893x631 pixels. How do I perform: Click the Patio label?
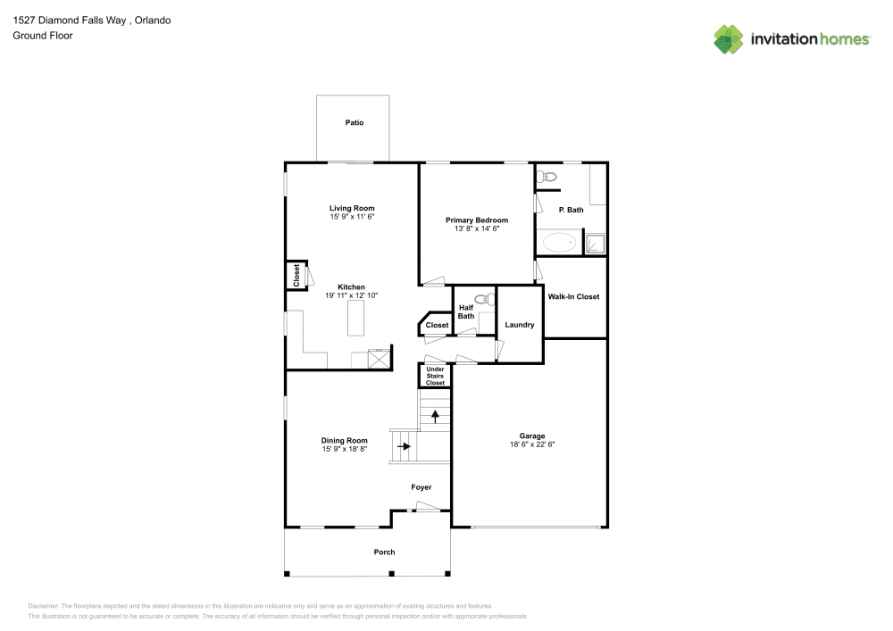coord(355,122)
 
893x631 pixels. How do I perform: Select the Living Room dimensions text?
coord(352,217)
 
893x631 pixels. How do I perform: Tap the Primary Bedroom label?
coord(477,220)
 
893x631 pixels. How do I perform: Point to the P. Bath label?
coord(571,210)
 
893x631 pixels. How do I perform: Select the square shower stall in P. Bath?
coord(594,244)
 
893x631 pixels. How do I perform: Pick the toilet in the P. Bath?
coord(547,178)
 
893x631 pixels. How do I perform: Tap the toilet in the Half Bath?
coord(485,300)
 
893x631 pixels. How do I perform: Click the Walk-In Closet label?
coord(573,296)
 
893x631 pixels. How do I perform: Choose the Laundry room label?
coord(519,325)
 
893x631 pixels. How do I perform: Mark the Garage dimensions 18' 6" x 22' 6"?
coord(532,444)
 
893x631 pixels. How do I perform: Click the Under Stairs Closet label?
coord(435,376)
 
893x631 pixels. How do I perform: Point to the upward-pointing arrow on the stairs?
coord(436,416)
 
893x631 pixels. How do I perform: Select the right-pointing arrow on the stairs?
coord(403,447)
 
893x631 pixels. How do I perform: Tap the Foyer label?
coord(421,487)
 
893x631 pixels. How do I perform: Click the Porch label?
coord(384,552)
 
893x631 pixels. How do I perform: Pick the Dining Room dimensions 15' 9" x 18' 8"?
coord(345,450)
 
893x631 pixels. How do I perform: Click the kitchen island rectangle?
coord(357,316)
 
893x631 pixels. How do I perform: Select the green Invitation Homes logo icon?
coord(729,38)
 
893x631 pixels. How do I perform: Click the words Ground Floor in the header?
coord(43,36)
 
